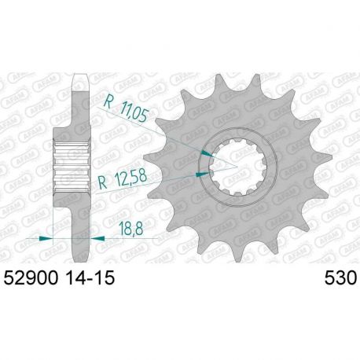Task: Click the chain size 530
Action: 339,277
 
